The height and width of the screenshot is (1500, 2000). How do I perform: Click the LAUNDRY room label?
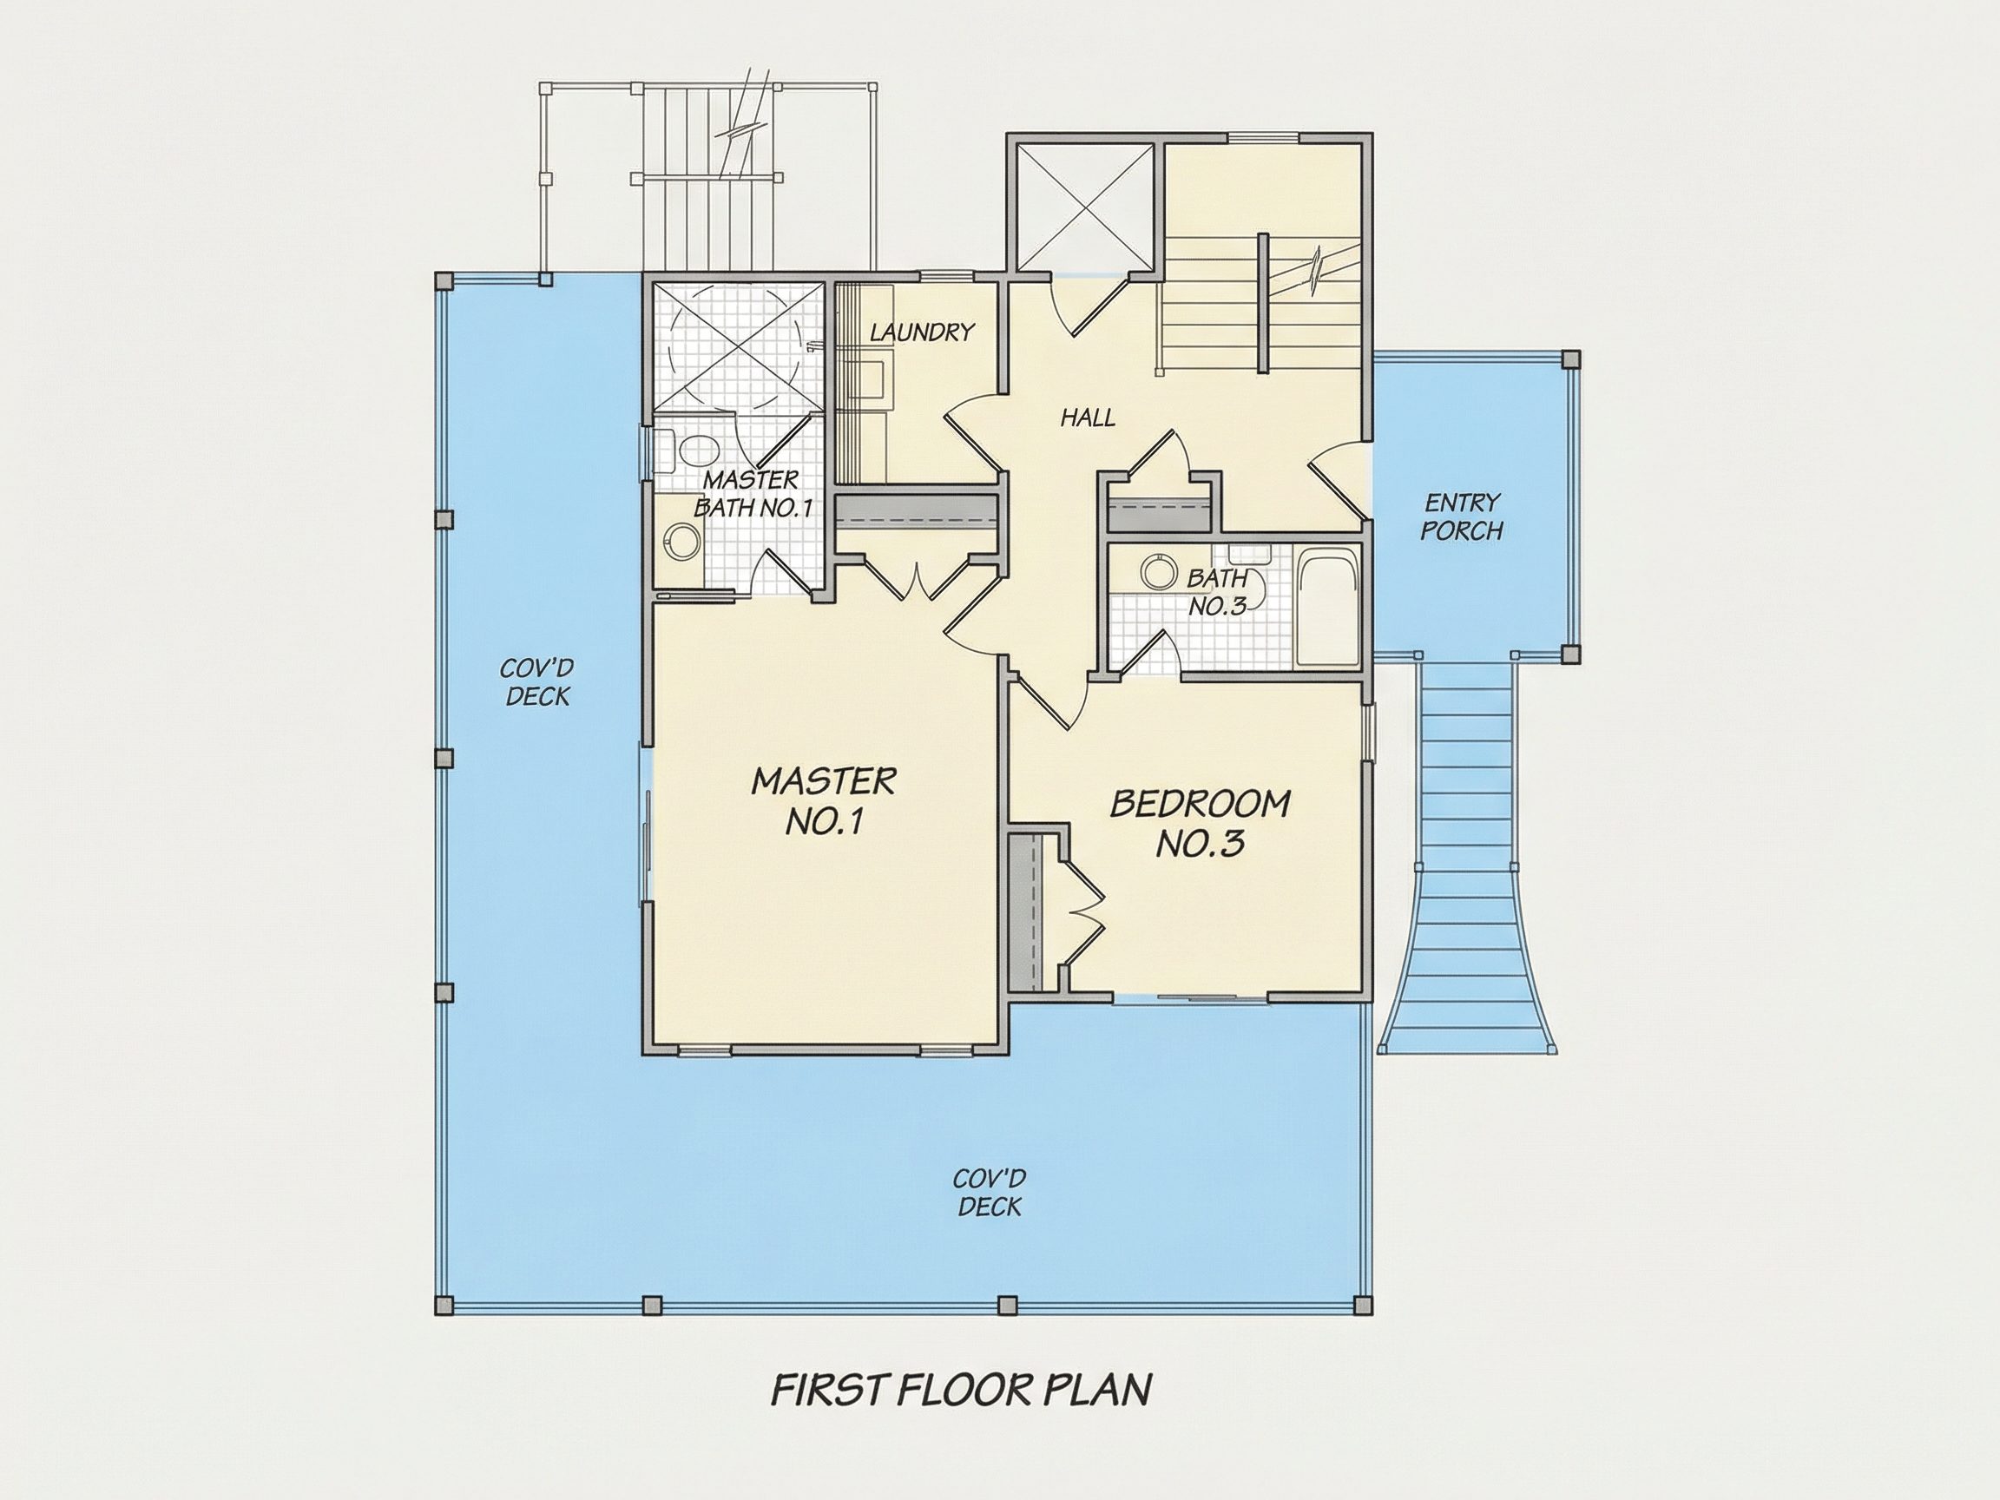coord(921,332)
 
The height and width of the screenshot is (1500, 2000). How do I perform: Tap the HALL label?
coord(1088,417)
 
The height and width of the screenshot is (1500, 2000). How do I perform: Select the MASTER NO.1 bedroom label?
coord(824,801)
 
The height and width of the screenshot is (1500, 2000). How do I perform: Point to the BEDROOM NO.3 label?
coord(1200,823)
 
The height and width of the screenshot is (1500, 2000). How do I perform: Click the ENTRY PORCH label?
coord(1462,516)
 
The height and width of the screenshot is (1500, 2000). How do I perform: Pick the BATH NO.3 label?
coord(1217,591)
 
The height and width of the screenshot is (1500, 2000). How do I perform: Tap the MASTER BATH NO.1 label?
coord(753,493)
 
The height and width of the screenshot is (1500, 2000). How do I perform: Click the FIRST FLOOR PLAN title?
coord(961,1390)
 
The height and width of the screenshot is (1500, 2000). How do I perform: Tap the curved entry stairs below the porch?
coord(1468,854)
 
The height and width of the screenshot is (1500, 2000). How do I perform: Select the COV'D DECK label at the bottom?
coord(990,1193)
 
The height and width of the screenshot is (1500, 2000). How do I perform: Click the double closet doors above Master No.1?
coord(916,580)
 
